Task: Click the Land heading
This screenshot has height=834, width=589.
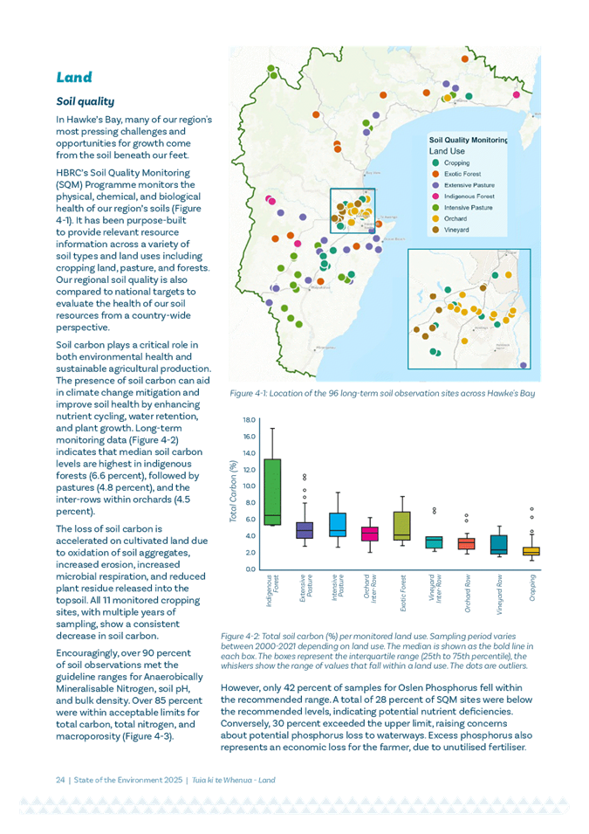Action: click(74, 77)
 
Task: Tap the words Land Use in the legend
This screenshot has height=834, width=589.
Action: click(449, 149)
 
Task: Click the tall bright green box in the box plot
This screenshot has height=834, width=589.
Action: click(272, 492)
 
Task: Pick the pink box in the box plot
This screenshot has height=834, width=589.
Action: click(369, 533)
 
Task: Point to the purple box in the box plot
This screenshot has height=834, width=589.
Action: click(305, 529)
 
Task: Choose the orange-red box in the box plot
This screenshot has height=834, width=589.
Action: click(466, 543)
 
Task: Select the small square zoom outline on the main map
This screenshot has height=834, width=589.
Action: click(353, 210)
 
